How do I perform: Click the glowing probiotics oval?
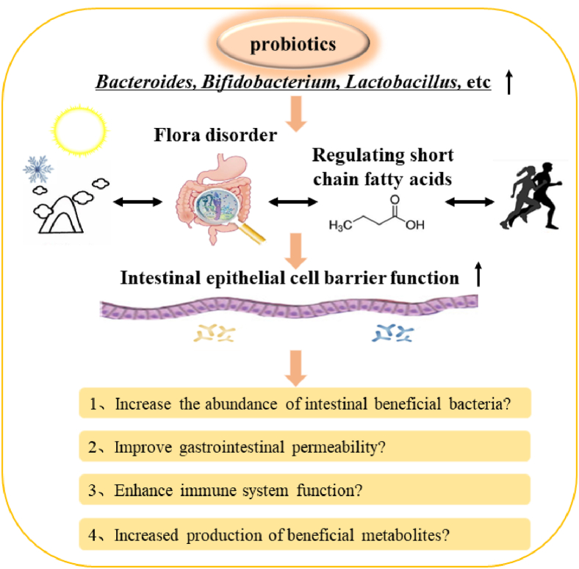coord(293,45)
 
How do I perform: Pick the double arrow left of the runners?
coord(467,201)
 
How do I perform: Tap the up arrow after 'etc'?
coord(508,82)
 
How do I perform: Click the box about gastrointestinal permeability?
coord(303,445)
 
